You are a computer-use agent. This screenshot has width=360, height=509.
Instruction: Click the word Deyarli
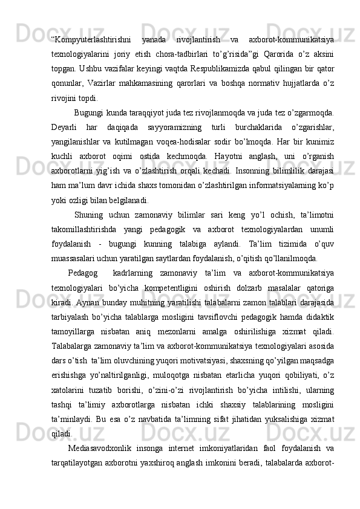[64, 127]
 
